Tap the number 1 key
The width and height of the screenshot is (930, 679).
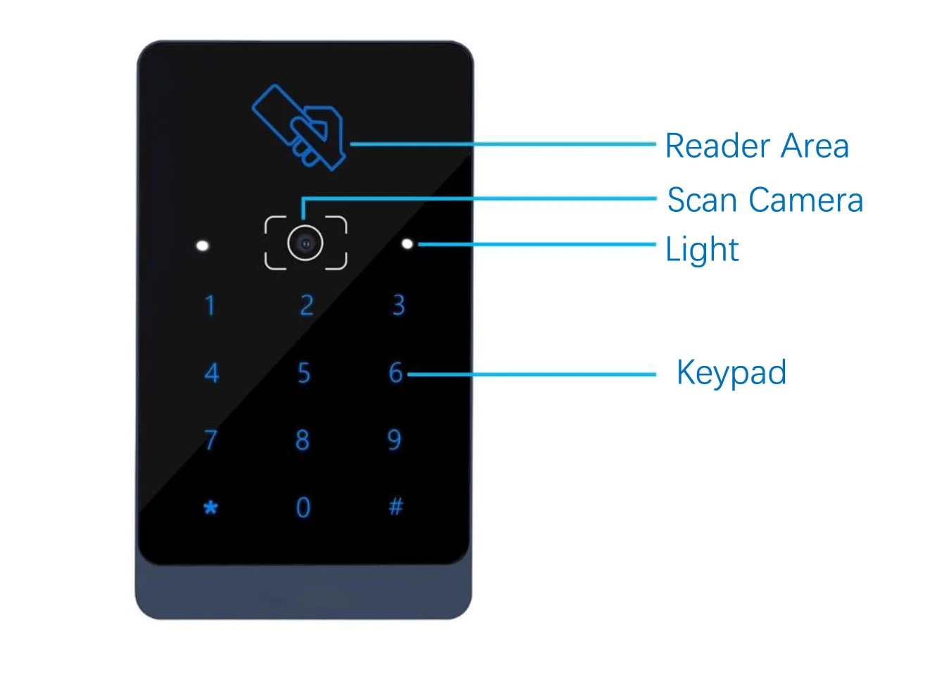pos(210,306)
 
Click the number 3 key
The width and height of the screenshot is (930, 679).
pos(398,305)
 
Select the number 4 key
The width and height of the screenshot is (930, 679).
pos(211,373)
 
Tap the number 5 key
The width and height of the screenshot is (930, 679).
pos(303,373)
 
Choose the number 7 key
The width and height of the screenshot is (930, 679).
pos(210,440)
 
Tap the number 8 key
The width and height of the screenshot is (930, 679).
pos(303,440)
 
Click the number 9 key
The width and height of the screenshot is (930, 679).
pos(394,440)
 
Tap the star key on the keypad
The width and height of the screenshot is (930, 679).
pos(210,507)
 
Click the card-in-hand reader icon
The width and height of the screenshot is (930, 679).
pos(299,127)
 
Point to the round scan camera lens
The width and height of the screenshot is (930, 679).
pos(306,243)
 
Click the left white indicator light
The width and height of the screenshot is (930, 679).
pos(203,246)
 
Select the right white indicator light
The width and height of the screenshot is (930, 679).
pos(407,244)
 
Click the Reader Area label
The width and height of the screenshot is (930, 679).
pos(757,146)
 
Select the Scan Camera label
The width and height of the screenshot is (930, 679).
pos(765,200)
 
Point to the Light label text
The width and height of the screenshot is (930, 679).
pos(702,250)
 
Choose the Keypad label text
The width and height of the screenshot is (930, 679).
pos(731,373)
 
